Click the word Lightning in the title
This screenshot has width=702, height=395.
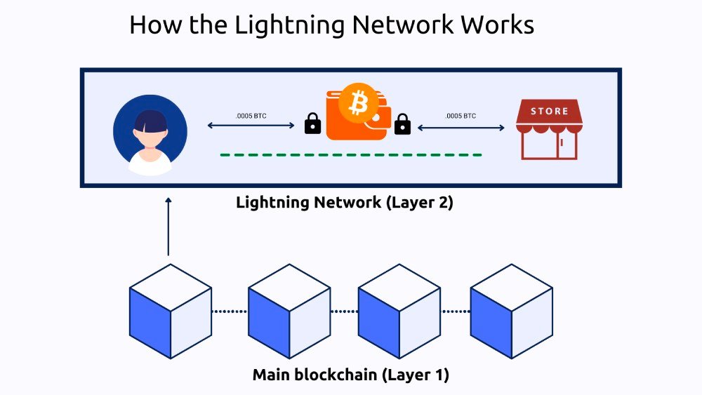point(288,25)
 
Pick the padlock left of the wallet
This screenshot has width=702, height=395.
point(312,124)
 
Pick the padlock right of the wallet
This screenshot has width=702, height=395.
point(402,124)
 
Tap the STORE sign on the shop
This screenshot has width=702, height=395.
point(550,111)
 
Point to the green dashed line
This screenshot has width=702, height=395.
point(350,154)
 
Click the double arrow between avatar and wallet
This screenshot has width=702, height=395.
point(251,126)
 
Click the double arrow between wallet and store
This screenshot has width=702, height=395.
point(461,128)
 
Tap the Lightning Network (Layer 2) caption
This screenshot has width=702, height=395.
point(345,203)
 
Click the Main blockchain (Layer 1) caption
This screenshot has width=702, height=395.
point(350,375)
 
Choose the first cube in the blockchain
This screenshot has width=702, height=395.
point(171,311)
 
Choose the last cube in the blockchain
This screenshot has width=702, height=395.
point(511,311)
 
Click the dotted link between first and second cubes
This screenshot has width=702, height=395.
point(230,311)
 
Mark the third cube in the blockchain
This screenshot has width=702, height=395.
point(399,311)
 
